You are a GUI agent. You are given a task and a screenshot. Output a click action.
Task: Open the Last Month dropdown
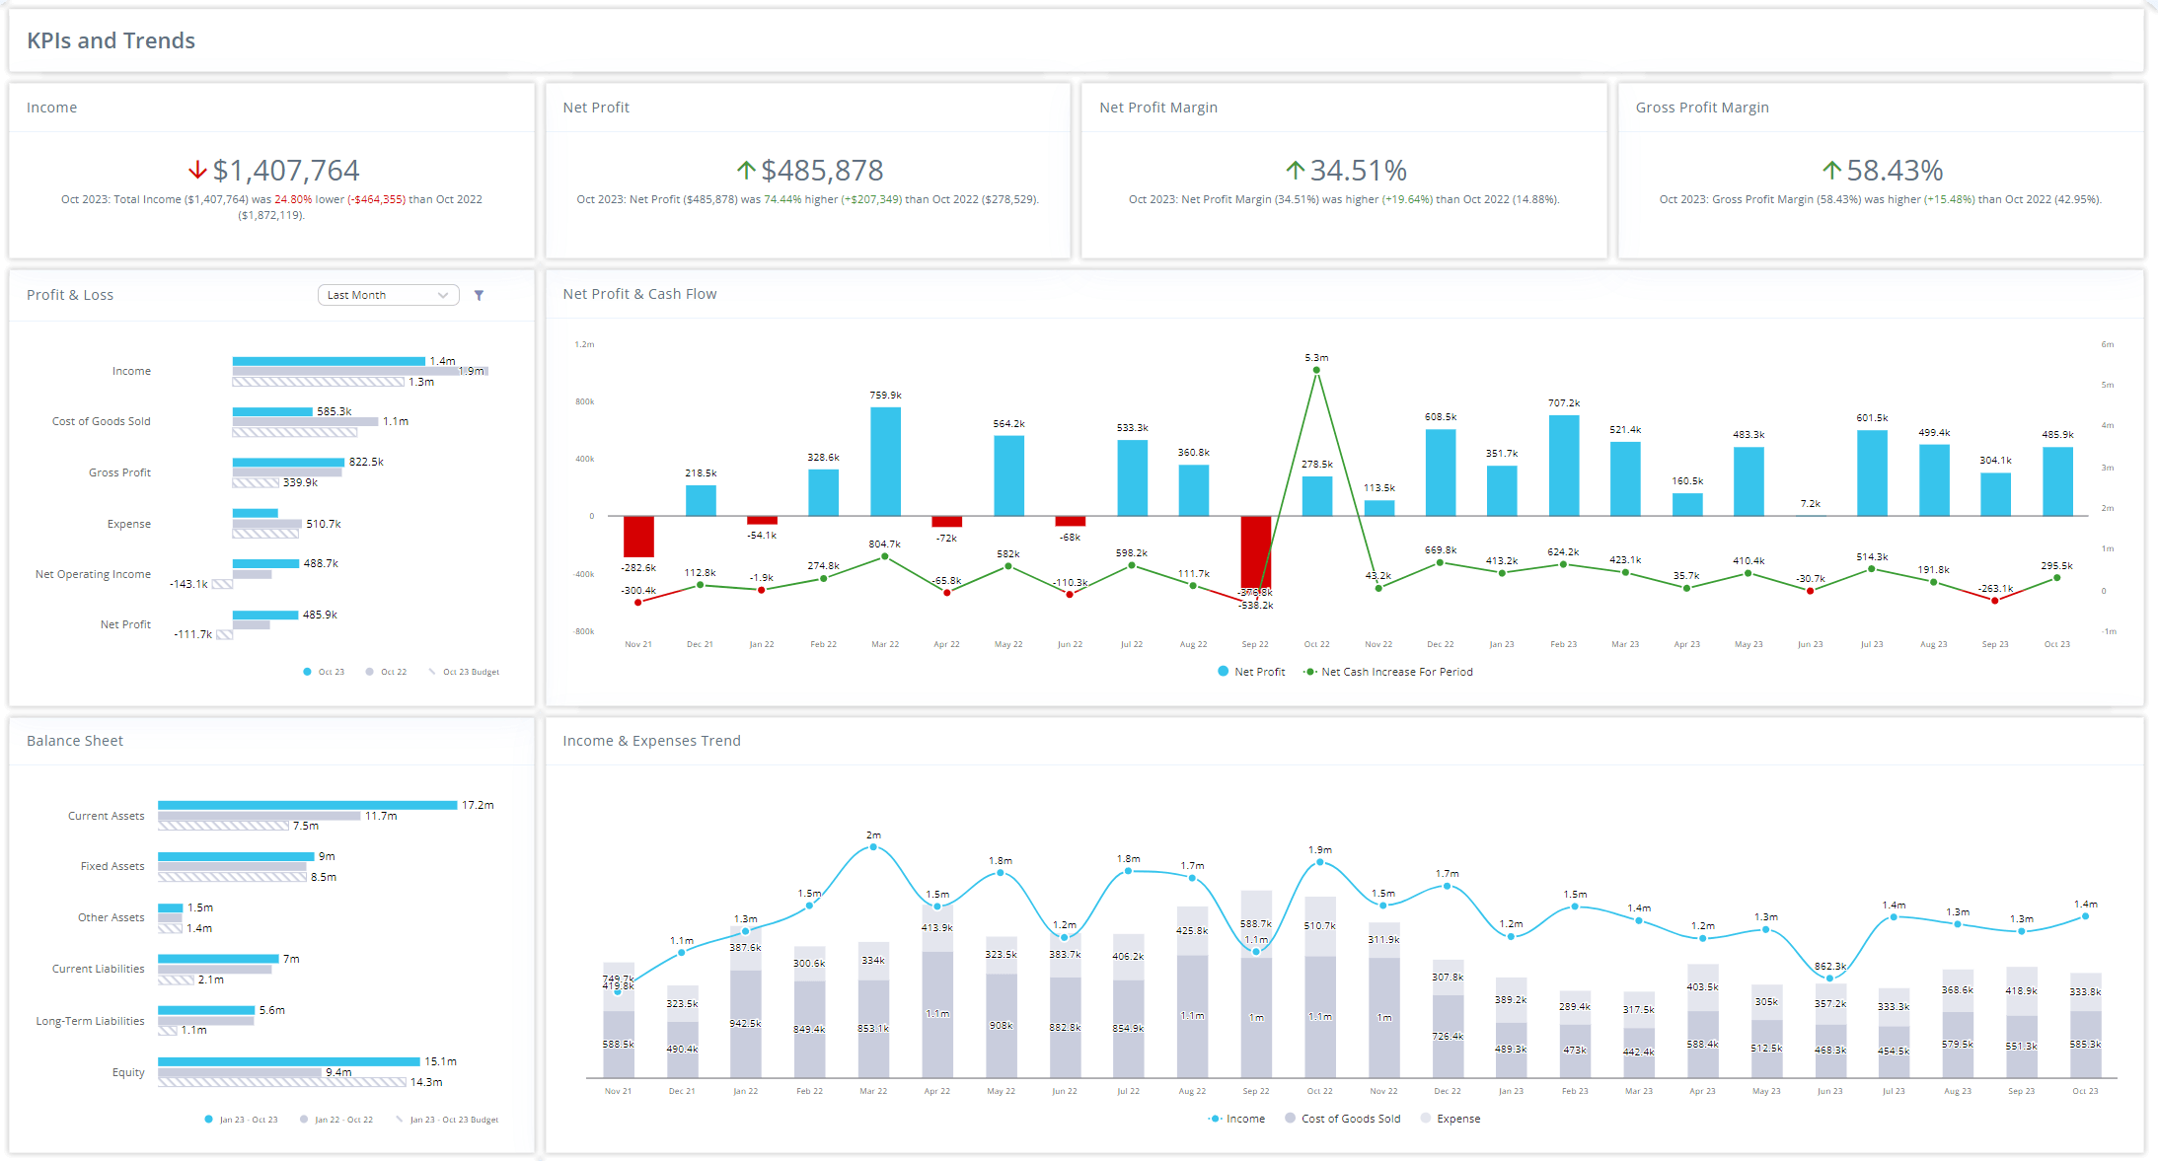[x=388, y=295]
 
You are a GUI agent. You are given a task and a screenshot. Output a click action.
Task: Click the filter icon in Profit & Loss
[x=479, y=295]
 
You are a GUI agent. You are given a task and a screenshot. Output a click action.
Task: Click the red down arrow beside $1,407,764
[x=197, y=170]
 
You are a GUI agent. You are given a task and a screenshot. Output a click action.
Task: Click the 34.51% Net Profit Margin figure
[x=1358, y=171]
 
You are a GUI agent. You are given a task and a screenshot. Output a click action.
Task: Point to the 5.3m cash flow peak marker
[x=1316, y=371]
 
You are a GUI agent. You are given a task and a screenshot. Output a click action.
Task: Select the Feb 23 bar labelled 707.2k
[x=1563, y=465]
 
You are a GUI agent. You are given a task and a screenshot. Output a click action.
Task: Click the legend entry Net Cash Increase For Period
[x=1395, y=672]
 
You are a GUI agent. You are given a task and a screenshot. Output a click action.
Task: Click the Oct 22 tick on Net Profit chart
[x=1316, y=644]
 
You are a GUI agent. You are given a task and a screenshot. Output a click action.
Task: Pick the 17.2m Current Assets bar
[x=307, y=805]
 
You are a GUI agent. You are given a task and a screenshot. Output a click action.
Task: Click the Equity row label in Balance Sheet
[x=128, y=1072]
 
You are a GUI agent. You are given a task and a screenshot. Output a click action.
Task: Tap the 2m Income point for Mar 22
[x=873, y=846]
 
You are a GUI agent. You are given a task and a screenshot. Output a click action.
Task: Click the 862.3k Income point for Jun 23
[x=1829, y=978]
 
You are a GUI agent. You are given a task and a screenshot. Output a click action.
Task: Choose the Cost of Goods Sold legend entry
[x=1350, y=1119]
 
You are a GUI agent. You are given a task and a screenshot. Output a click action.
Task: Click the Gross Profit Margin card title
[x=1701, y=108]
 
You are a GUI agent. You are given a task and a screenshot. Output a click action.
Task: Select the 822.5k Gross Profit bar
[x=288, y=462]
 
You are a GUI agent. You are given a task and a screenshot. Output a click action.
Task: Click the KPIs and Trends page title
[x=111, y=40]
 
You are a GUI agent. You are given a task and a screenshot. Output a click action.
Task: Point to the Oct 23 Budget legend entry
[x=470, y=672]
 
